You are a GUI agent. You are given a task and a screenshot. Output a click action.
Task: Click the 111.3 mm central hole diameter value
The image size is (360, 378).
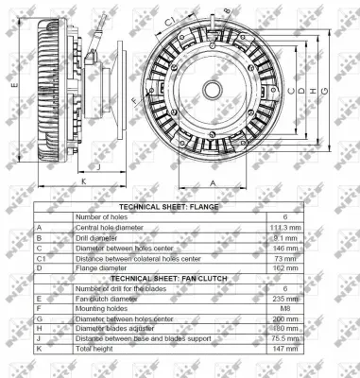click(x=284, y=227)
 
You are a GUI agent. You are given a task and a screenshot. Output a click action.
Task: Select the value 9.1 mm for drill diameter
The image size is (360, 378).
click(x=285, y=237)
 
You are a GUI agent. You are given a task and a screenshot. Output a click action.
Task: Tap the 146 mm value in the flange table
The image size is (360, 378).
click(x=285, y=248)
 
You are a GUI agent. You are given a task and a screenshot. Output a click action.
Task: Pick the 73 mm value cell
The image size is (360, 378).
click(x=285, y=258)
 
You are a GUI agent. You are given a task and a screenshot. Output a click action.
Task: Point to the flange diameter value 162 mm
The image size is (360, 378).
click(x=285, y=268)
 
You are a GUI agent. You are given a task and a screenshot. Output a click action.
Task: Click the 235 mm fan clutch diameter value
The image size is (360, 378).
click(x=285, y=298)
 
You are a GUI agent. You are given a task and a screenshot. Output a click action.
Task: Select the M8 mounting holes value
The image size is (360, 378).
click(x=285, y=308)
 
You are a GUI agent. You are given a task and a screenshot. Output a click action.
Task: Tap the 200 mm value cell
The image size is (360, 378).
click(x=285, y=318)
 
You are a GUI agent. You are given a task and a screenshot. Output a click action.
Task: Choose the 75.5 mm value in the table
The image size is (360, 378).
click(x=285, y=338)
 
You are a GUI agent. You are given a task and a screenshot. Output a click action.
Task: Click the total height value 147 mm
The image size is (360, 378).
click(x=285, y=349)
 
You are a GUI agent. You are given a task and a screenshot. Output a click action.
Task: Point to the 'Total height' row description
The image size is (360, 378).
click(x=94, y=349)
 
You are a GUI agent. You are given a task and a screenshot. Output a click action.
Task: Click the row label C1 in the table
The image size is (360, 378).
click(x=41, y=258)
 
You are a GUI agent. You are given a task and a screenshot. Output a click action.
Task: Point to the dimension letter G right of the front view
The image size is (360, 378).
click(x=324, y=90)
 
